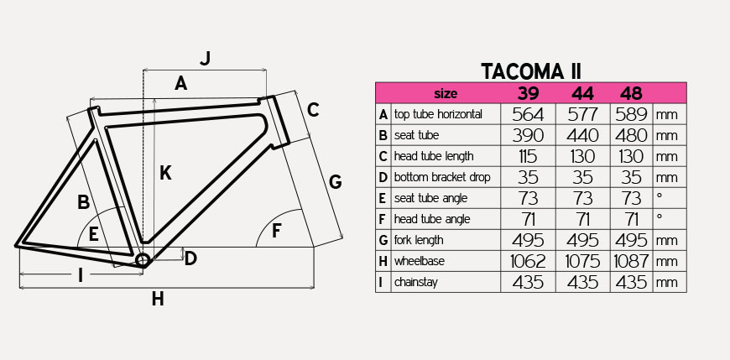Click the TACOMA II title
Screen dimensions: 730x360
[531, 71]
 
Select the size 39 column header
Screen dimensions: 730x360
[528, 94]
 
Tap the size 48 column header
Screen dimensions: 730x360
[631, 94]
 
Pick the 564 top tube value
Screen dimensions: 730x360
[528, 115]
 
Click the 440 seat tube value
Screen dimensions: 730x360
[582, 135]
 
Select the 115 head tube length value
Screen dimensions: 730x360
[528, 156]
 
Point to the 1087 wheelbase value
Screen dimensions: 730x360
[631, 261]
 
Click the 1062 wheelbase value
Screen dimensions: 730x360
[528, 261]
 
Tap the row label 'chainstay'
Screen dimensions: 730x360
[415, 282]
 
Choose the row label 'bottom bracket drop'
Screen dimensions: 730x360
[442, 177]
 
